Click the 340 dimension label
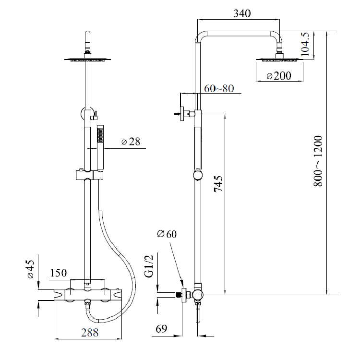tap(242, 14)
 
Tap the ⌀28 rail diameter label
tap(130, 142)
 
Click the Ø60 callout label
tap(167, 234)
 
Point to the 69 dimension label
tap(161, 330)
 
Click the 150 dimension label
tap(58, 273)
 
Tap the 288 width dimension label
tap(90, 332)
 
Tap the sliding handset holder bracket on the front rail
tap(88, 175)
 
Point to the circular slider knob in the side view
tap(197, 175)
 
